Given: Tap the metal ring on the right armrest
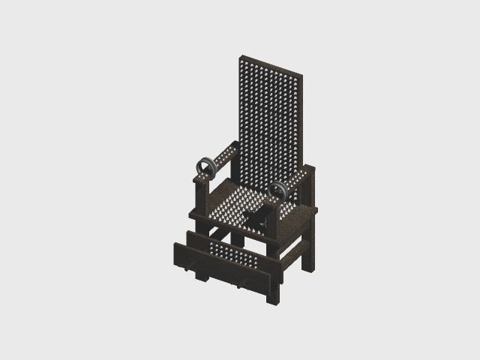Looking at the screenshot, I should click(278, 192).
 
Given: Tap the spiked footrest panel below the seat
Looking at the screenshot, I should click(235, 254).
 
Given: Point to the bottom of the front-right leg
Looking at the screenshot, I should click(274, 301).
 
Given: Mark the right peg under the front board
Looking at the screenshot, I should click(243, 284).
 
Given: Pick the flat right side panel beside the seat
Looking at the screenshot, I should click(298, 225).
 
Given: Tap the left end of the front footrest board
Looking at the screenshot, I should click(177, 251).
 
